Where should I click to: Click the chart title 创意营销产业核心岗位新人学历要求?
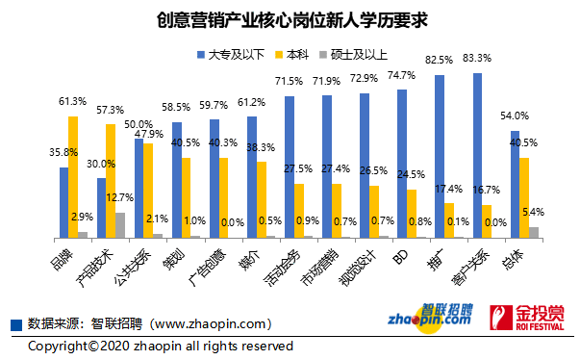tap(290, 18)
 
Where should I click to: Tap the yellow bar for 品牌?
tap(72, 176)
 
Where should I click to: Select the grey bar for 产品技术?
tap(120, 225)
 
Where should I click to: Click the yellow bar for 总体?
tap(523, 197)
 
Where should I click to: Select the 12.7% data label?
tap(120, 197)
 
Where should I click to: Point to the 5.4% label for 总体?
tap(531, 211)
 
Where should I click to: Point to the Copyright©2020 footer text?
tap(159, 346)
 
